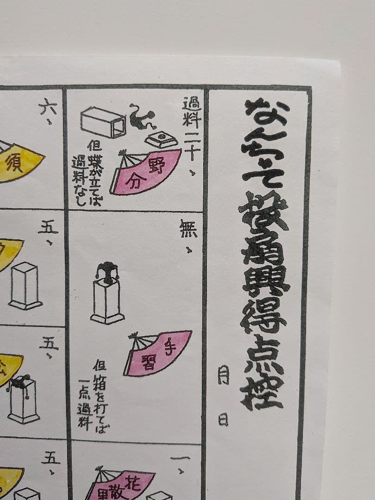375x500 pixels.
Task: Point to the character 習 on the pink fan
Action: coord(152,359)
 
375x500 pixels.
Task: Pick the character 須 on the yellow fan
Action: coord(15,164)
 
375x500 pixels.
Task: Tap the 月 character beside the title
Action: coord(223,375)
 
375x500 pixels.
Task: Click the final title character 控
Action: coord(262,389)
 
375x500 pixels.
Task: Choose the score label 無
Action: coord(188,231)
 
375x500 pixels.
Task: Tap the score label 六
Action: coord(46,108)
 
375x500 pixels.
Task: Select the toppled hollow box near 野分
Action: coord(103,122)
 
